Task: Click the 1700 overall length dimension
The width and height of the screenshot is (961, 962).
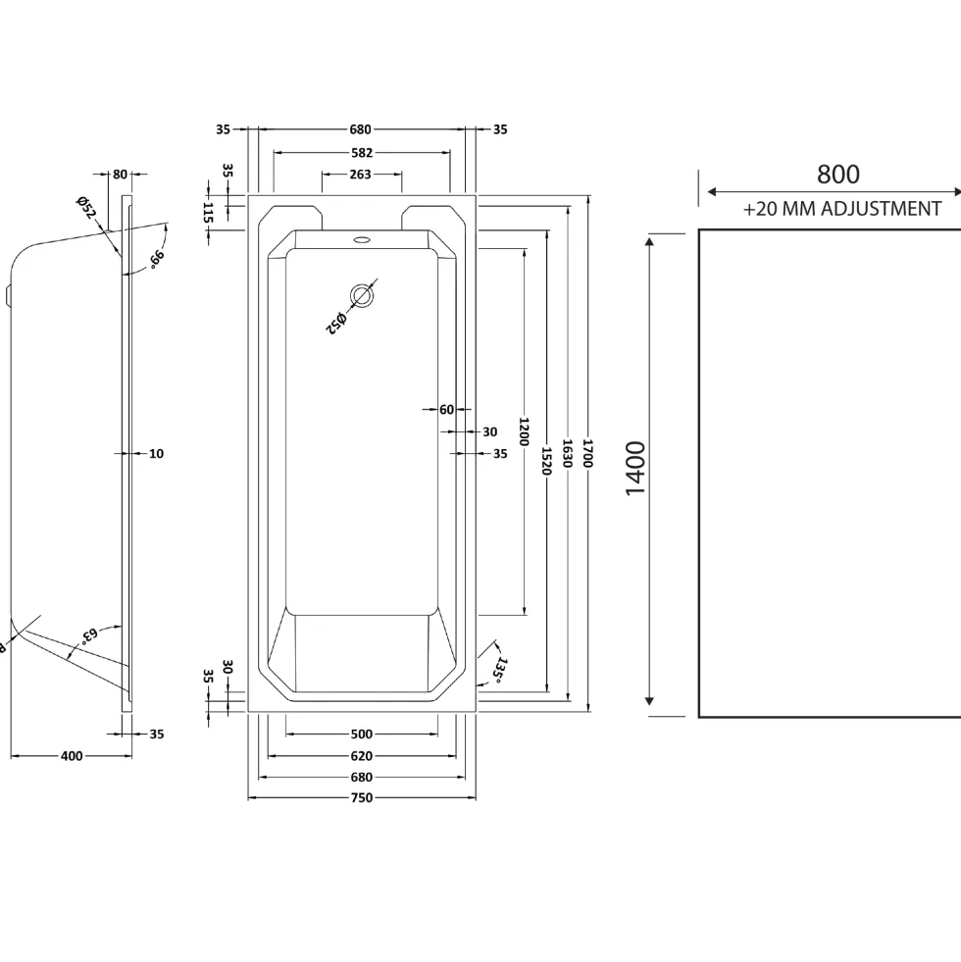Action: pyautogui.click(x=587, y=453)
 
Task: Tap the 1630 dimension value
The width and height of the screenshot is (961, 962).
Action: pyautogui.click(x=567, y=453)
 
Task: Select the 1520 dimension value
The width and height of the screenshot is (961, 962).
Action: pyautogui.click(x=547, y=461)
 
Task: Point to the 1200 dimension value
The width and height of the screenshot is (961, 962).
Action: pyautogui.click(x=524, y=431)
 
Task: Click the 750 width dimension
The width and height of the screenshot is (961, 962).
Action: pyautogui.click(x=362, y=797)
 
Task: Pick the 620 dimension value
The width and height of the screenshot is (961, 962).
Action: pyautogui.click(x=362, y=756)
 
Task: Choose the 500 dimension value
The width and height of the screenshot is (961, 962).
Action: pyautogui.click(x=362, y=734)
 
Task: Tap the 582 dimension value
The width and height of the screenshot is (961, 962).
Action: pyautogui.click(x=362, y=153)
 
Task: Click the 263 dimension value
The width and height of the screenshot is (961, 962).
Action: pyautogui.click(x=360, y=175)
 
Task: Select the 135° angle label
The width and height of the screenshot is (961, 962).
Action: pyautogui.click(x=500, y=670)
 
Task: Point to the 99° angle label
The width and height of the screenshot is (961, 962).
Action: pyautogui.click(x=157, y=260)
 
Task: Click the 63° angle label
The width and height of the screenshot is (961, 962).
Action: pyautogui.click(x=88, y=634)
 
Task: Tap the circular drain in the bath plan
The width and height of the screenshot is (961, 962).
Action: pyautogui.click(x=362, y=296)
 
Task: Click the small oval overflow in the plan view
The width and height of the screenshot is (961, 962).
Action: pyautogui.click(x=362, y=239)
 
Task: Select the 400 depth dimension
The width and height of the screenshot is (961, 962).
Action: pyautogui.click(x=72, y=756)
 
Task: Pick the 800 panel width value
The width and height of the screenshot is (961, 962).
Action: pyautogui.click(x=837, y=175)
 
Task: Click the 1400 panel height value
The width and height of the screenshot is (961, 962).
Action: pyautogui.click(x=635, y=468)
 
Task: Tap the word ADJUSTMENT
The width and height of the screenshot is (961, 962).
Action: pyautogui.click(x=882, y=209)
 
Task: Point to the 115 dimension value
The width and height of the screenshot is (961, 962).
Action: pyautogui.click(x=208, y=213)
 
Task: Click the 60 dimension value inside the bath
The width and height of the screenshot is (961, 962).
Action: pyautogui.click(x=447, y=409)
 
